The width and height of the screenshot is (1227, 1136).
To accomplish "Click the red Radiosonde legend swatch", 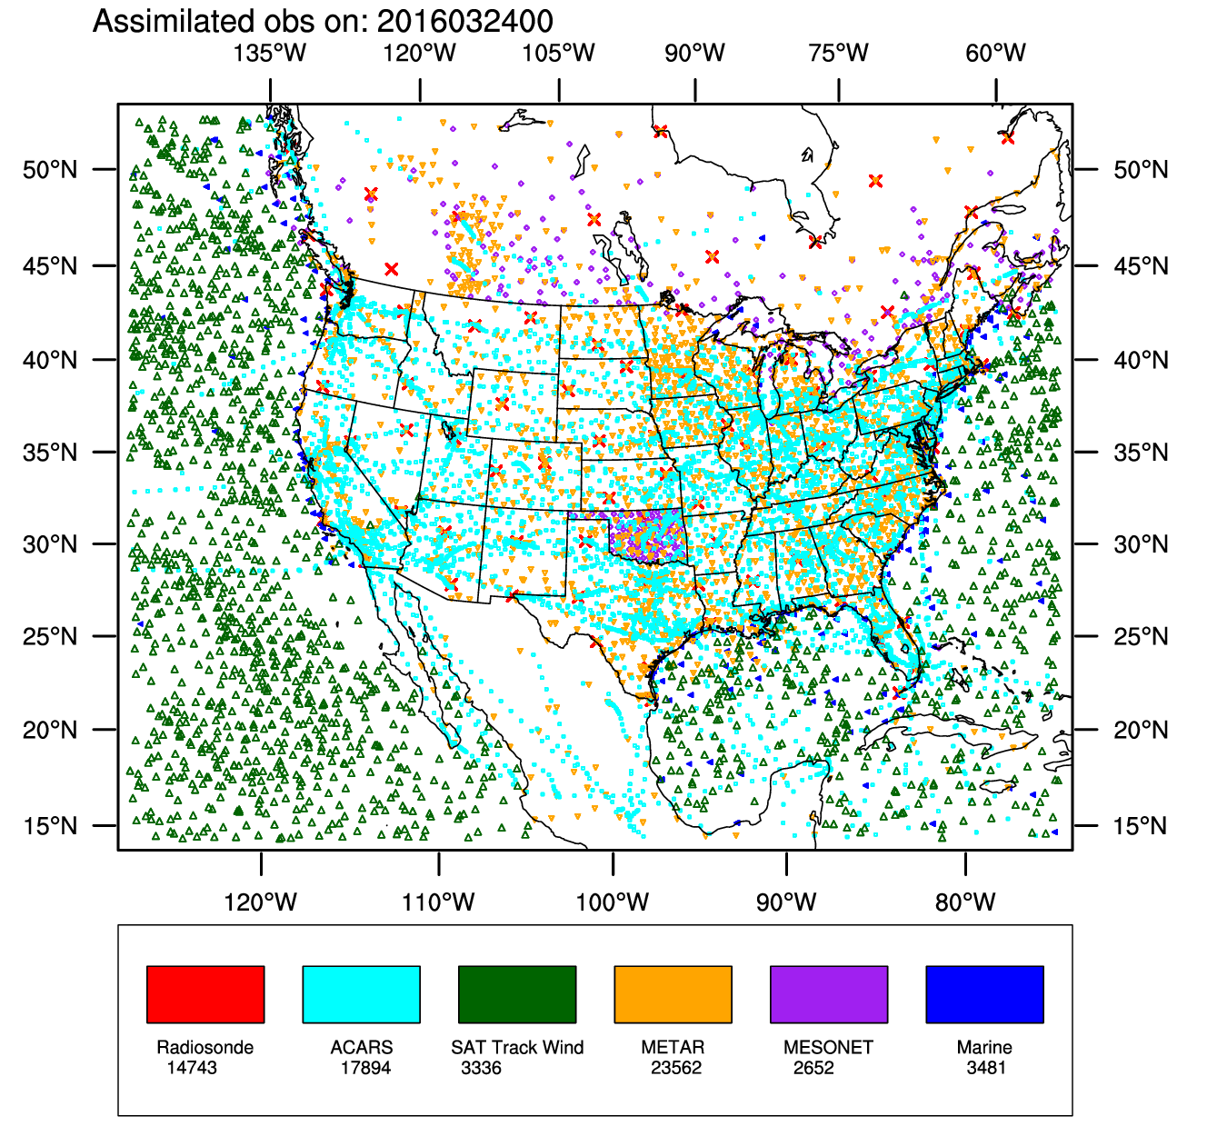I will [205, 994].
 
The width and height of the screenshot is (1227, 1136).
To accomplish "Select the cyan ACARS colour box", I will [361, 994].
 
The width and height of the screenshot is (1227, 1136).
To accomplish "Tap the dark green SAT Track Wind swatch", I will [517, 994].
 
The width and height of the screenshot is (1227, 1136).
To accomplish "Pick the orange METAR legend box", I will [673, 994].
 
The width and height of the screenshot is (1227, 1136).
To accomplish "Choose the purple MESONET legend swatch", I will [829, 994].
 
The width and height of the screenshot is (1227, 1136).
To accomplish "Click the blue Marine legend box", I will [984, 994].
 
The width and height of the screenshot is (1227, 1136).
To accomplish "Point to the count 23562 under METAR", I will [676, 1068].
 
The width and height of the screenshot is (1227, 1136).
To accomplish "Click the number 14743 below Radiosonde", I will [192, 1068].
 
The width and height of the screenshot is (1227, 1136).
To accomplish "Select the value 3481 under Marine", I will [986, 1068].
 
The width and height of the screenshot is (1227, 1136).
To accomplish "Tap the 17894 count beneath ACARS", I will [365, 1068].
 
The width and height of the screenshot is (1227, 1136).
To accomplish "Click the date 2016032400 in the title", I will [453, 21].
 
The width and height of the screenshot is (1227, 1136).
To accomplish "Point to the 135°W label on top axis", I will [270, 53].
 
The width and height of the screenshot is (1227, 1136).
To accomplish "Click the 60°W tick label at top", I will [996, 53].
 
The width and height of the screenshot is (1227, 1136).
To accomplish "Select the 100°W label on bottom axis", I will [613, 902].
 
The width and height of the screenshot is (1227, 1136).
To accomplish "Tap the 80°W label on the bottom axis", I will [965, 902].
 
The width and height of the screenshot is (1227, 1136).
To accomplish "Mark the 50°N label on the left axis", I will [51, 170].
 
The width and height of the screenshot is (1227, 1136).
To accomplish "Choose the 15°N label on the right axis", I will [1142, 826].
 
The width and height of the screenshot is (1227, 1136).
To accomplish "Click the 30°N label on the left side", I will [51, 544].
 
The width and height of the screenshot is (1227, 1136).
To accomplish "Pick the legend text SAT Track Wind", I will [517, 1047].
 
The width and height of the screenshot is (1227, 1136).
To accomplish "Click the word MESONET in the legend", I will [828, 1047].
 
